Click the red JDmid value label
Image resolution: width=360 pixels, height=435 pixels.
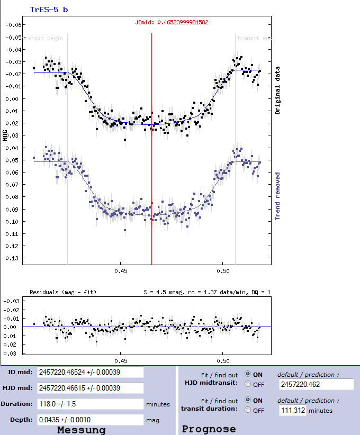pyautogui.click(x=172, y=22)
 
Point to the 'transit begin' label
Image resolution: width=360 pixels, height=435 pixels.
pyautogui.click(x=46, y=38)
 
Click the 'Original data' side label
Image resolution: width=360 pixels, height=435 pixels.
pyautogui.click(x=277, y=90)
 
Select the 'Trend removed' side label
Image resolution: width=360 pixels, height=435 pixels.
pyautogui.click(x=277, y=195)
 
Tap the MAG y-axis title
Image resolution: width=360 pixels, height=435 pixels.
pyautogui.click(x=5, y=135)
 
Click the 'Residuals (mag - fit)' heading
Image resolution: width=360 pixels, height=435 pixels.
pyautogui.click(x=63, y=292)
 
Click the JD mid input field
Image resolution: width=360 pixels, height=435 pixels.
pyautogui.click(x=90, y=372)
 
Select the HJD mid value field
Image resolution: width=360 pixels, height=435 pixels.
pyautogui.click(x=90, y=388)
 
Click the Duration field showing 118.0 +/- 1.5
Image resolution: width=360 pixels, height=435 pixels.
pyautogui.click(x=90, y=404)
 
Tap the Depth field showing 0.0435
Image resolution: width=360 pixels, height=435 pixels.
pyautogui.click(x=90, y=420)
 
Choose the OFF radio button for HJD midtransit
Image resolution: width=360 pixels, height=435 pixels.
pyautogui.click(x=248, y=385)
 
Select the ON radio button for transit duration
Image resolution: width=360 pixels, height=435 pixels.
pyautogui.click(x=248, y=401)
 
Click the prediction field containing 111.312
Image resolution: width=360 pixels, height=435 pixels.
pyautogui.click(x=292, y=410)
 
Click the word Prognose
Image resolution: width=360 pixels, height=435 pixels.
pyautogui.click(x=209, y=429)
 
